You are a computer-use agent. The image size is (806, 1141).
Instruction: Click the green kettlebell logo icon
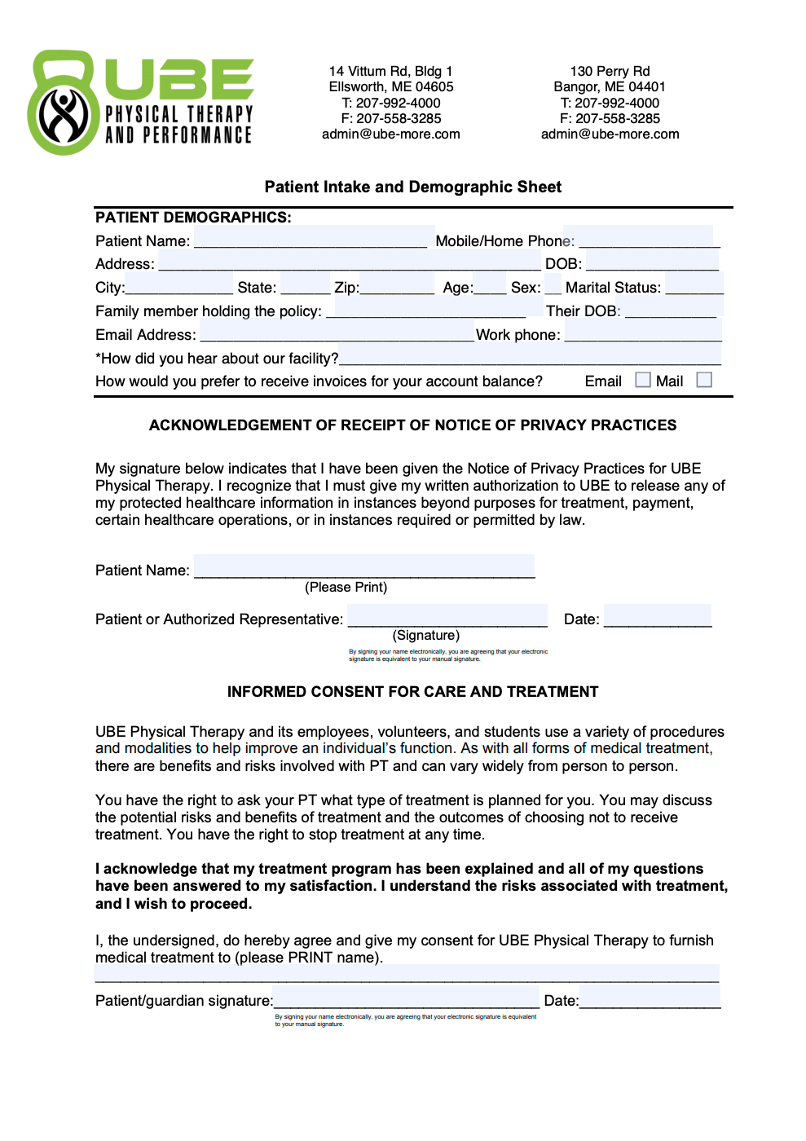pyautogui.click(x=64, y=104)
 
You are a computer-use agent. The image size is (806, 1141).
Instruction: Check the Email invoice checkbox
pyautogui.click(x=643, y=380)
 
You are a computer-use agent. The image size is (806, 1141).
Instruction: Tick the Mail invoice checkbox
pyautogui.click(x=705, y=380)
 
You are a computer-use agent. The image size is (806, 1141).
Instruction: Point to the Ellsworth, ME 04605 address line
pyautogui.click(x=391, y=86)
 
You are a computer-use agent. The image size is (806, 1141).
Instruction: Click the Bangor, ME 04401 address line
pyautogui.click(x=610, y=86)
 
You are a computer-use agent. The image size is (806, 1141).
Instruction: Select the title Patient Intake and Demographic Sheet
pyautogui.click(x=412, y=187)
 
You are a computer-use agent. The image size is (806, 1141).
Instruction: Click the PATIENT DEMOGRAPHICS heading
pyautogui.click(x=193, y=218)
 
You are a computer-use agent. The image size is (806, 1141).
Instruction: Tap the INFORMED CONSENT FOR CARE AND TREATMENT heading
pyautogui.click(x=412, y=692)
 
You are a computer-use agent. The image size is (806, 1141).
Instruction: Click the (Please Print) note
pyautogui.click(x=346, y=587)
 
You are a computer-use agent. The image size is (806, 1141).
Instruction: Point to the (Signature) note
pyautogui.click(x=426, y=635)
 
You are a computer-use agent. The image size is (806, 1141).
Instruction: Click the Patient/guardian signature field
pyautogui.click(x=407, y=999)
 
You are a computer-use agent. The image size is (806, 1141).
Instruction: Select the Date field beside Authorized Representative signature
pyautogui.click(x=658, y=618)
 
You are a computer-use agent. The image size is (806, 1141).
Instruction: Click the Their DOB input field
pyautogui.click(x=670, y=311)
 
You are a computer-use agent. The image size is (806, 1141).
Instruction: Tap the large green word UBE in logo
pyautogui.click(x=179, y=79)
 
